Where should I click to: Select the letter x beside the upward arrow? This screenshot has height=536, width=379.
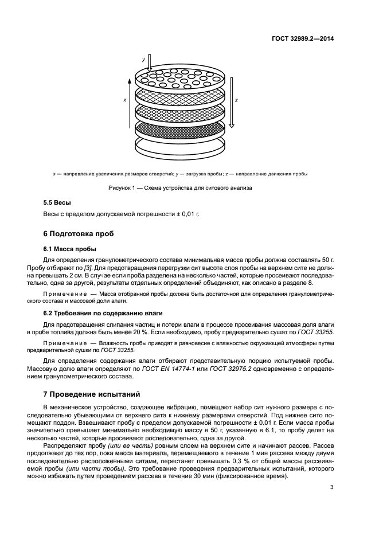(124, 99)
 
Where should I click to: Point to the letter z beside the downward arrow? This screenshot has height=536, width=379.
(237, 99)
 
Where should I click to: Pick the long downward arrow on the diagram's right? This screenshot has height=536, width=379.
(231, 103)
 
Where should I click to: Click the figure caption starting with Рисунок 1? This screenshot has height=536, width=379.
(180, 187)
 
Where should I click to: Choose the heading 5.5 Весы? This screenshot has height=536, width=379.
(58, 204)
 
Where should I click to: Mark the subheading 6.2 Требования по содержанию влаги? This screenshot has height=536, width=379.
(103, 313)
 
